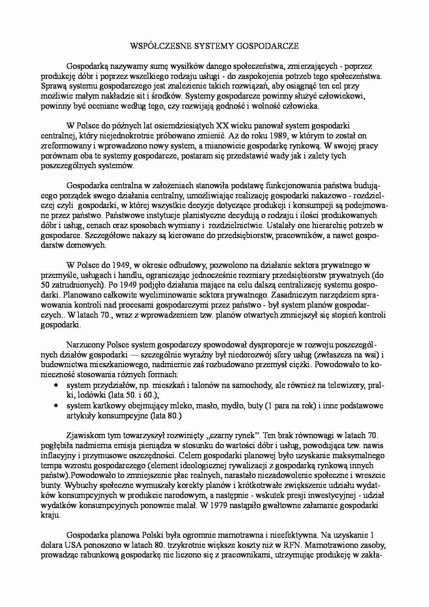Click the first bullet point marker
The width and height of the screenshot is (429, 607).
pyautogui.click(x=56, y=385)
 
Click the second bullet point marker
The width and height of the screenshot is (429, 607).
pyautogui.click(x=56, y=406)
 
